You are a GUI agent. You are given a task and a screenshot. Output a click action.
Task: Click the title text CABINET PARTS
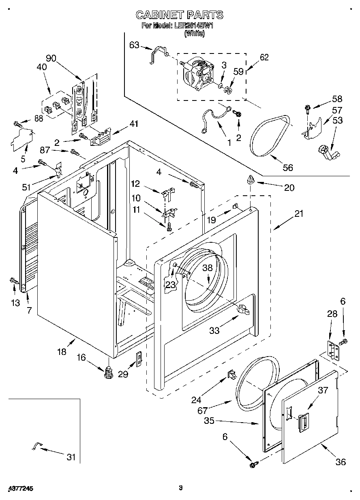(x=179, y=15)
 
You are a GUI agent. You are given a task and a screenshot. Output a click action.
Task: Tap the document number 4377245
(x=20, y=488)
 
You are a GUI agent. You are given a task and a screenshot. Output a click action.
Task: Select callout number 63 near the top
(x=134, y=45)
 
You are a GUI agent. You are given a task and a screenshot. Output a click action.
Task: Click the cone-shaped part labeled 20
(x=251, y=179)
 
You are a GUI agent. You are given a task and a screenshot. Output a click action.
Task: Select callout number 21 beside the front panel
(x=298, y=214)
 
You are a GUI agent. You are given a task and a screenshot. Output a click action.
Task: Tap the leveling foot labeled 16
(x=108, y=372)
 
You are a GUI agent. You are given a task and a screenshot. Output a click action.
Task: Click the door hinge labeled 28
(x=333, y=350)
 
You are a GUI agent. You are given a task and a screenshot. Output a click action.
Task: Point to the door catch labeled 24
(x=231, y=374)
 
